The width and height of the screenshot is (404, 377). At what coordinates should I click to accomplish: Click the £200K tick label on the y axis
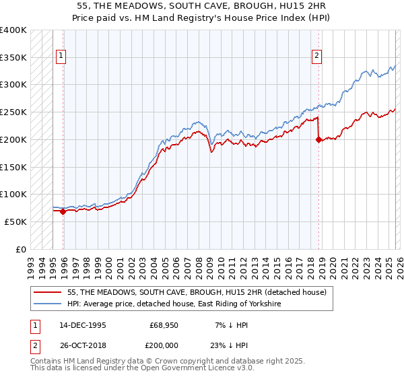tap(13, 139)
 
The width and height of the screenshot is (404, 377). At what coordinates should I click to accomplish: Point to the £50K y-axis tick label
tap(15, 221)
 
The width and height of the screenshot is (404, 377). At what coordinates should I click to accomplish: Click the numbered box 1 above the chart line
tap(61, 57)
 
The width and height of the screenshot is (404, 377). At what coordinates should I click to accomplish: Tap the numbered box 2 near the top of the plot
tap(316, 57)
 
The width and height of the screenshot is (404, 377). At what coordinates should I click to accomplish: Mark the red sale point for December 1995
tap(63, 211)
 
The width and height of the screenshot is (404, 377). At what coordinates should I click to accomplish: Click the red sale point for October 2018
tap(318, 140)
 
